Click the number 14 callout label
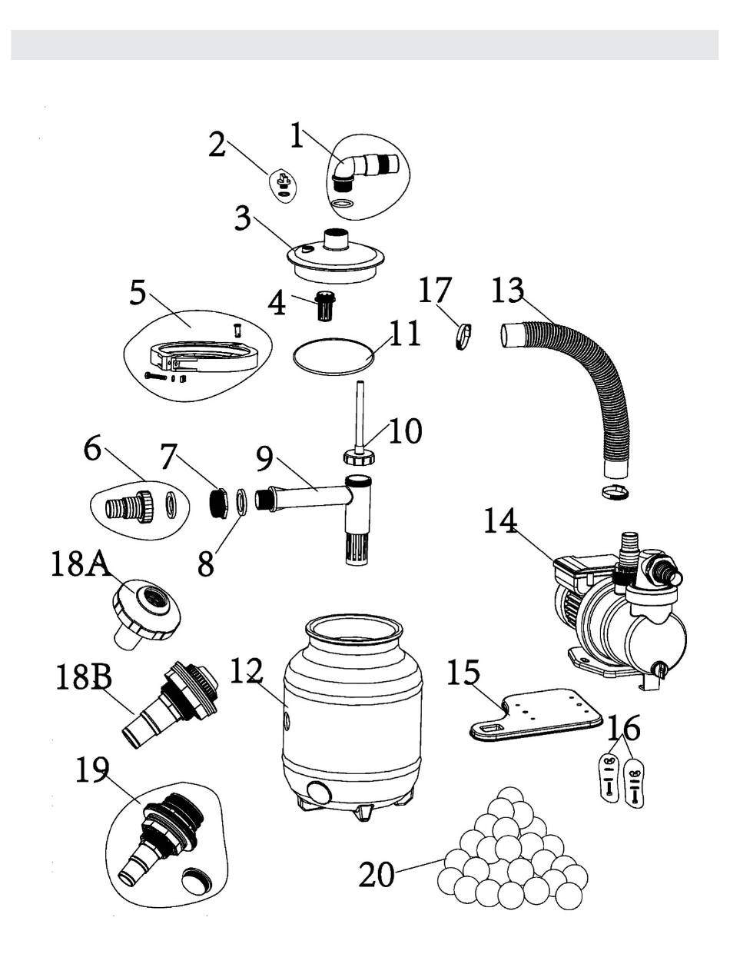[500, 520]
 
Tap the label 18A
[80, 563]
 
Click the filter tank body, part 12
[351, 714]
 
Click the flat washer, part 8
[242, 500]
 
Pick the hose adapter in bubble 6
[129, 507]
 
